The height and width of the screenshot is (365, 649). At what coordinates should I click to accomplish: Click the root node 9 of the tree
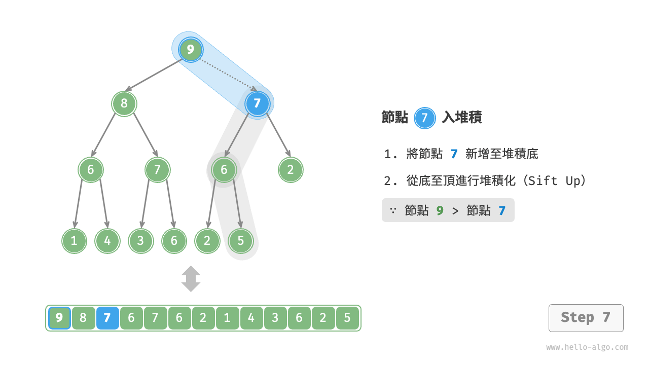click(x=191, y=50)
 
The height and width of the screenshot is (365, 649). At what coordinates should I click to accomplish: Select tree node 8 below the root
click(x=124, y=104)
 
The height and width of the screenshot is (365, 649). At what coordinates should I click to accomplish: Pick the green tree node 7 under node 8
click(x=157, y=170)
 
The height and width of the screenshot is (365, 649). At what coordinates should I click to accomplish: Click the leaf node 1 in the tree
click(x=74, y=241)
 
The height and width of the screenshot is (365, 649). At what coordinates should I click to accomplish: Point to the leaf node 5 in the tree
click(x=240, y=241)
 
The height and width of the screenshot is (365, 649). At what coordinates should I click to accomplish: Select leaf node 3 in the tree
click(x=140, y=241)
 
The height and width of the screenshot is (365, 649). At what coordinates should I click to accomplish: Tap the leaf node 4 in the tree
click(x=107, y=241)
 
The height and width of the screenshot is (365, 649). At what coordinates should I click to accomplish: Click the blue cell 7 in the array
click(x=107, y=318)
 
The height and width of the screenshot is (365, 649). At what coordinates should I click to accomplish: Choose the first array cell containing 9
click(x=59, y=318)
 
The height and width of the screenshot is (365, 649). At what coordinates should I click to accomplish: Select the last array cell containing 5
click(x=347, y=318)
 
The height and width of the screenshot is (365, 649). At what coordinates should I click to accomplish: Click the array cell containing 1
click(x=227, y=318)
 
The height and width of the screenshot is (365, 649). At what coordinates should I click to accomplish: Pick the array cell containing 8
click(x=83, y=318)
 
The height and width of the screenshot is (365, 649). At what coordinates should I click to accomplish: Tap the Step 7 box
click(x=586, y=318)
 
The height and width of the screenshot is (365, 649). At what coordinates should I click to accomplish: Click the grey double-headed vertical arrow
click(x=191, y=279)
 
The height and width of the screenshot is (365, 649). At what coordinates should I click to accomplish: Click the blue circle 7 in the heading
click(x=425, y=118)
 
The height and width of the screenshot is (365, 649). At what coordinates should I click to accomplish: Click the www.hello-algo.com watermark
click(x=587, y=347)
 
